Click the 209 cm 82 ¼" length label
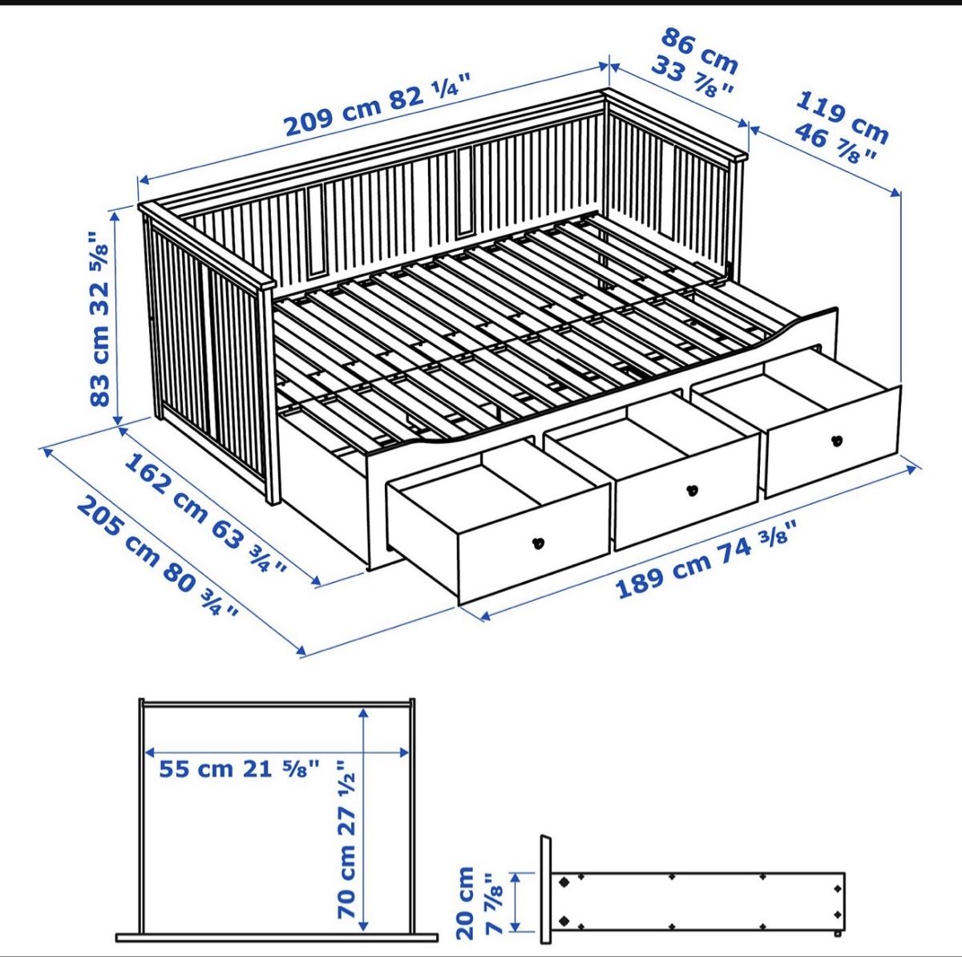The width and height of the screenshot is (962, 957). click(x=378, y=104)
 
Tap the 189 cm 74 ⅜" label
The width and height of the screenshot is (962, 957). click(x=705, y=559)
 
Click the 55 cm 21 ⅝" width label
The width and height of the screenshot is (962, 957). click(x=240, y=769)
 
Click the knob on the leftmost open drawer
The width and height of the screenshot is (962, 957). click(x=538, y=543)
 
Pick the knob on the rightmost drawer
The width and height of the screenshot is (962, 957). click(x=837, y=440)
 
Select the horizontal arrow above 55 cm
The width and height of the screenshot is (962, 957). click(x=277, y=753)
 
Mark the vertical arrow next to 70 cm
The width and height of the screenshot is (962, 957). click(x=364, y=818)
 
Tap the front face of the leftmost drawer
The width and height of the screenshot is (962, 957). click(x=534, y=543)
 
